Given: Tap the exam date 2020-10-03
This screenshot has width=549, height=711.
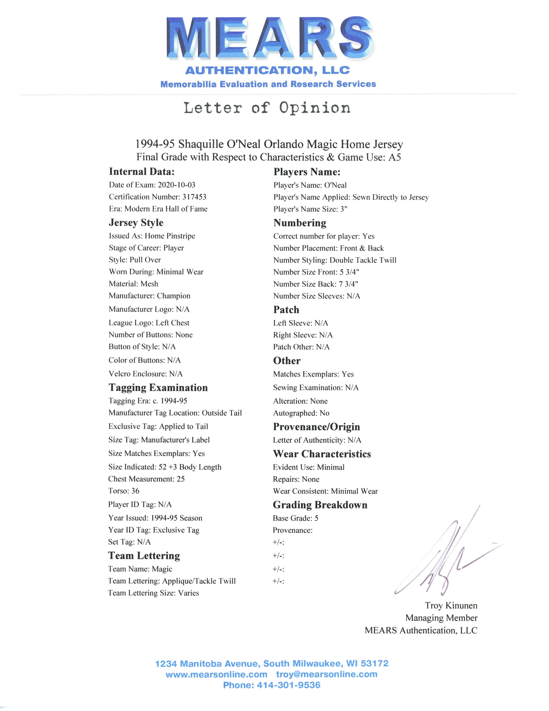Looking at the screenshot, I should pos(177,185).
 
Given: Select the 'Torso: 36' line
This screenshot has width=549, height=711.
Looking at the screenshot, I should pos(124,491).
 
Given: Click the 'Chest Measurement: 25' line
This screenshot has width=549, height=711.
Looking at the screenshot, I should pos(146,479).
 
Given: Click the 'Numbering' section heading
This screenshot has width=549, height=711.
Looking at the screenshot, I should pos(299,223).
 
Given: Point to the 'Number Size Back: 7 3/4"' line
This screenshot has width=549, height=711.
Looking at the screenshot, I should pos(315,284).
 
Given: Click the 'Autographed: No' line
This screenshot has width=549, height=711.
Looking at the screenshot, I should pos(301,413).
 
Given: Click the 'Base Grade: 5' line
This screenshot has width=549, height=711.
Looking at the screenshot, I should pos(295,518).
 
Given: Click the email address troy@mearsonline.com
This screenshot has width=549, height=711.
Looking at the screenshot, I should pos(326,674).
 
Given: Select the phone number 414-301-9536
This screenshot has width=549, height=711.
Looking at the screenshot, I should pos(289,685).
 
